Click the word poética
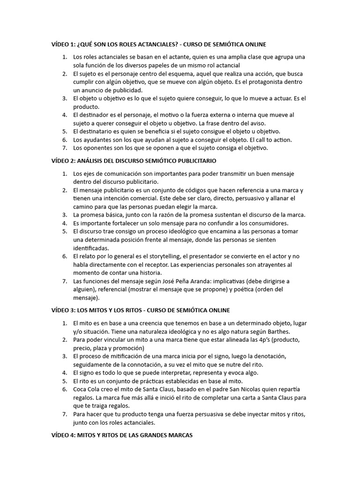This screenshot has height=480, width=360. pyautogui.click(x=234, y=290)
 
